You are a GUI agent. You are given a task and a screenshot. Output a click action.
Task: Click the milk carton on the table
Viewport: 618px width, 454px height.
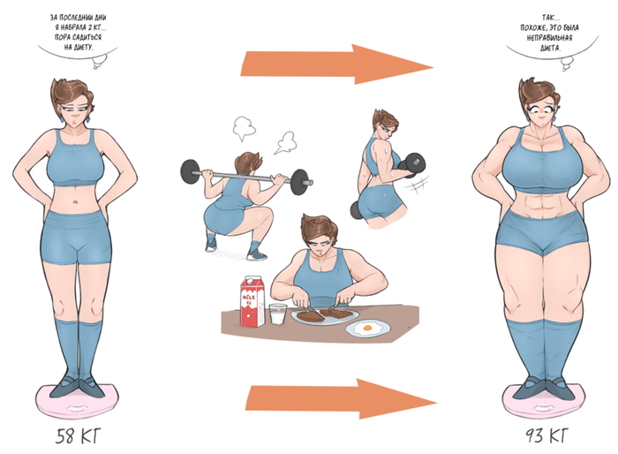click(x=252, y=302)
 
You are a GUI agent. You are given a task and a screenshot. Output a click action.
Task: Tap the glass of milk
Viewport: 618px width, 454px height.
click(x=278, y=314)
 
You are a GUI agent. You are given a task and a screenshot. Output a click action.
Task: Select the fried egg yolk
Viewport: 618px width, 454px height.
click(x=368, y=328)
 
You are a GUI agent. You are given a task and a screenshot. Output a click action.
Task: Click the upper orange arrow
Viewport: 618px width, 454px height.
click(x=337, y=64)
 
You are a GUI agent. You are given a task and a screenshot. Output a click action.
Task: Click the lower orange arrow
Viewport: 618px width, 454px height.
click(x=342, y=398)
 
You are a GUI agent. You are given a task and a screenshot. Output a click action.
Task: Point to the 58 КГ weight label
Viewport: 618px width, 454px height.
click(x=78, y=435)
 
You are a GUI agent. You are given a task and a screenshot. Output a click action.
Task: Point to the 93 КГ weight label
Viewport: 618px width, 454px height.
click(x=547, y=435)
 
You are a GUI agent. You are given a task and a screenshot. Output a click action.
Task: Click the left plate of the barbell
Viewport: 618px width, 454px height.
click(x=191, y=171)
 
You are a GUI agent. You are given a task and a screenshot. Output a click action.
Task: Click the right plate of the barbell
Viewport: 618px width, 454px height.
click(x=299, y=182)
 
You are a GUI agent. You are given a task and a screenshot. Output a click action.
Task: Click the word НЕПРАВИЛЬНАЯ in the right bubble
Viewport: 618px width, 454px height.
click(x=549, y=38)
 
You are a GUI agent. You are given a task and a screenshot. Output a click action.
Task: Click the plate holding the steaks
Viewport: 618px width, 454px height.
click(x=325, y=316)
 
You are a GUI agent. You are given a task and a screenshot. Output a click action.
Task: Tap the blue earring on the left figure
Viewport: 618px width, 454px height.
click(x=62, y=118)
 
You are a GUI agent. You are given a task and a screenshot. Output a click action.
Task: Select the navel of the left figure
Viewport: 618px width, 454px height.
click(x=75, y=203)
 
